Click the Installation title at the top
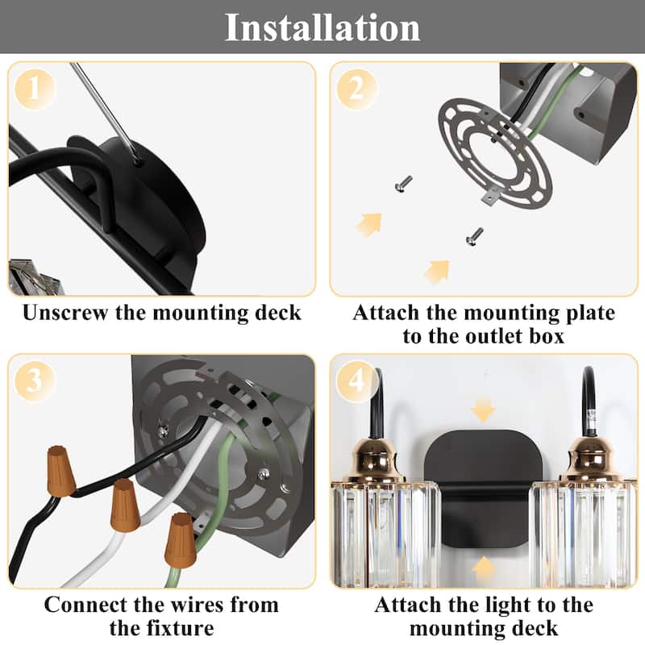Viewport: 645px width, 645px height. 322,27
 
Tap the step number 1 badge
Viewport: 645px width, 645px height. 35,89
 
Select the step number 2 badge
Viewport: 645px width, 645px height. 356,89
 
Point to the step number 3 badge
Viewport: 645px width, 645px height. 35,381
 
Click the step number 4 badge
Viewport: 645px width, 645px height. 356,381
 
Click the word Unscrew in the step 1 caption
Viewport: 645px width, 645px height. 66,313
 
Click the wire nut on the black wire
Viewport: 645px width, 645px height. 61,470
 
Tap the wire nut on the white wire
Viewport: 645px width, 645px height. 125,506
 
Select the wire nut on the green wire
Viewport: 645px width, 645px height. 180,539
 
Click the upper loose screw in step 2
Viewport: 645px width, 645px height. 404,184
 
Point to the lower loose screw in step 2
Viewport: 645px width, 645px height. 474,236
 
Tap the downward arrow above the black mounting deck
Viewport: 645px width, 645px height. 483,410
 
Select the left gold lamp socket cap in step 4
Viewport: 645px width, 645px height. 373,460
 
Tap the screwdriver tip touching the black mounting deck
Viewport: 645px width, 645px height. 137,162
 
